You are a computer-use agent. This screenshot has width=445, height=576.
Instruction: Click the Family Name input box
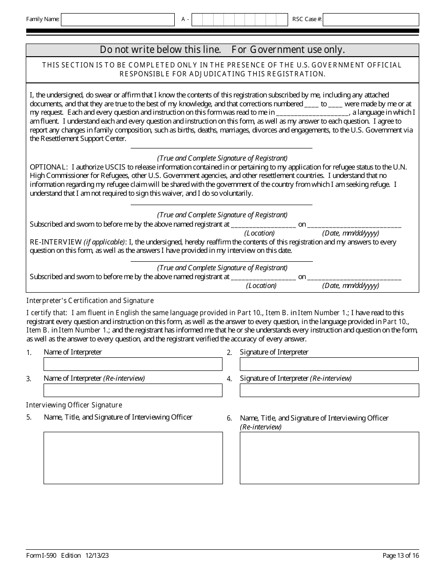pyautogui.click(x=118, y=20)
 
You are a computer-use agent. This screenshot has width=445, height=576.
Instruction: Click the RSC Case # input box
pyautogui.click(x=371, y=20)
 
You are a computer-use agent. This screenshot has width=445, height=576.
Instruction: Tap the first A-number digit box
pyautogui.click(x=197, y=20)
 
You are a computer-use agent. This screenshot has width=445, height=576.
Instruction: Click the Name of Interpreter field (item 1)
pyautogui.click(x=133, y=364)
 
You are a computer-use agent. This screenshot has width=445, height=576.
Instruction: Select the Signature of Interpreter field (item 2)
pyautogui.click(x=329, y=364)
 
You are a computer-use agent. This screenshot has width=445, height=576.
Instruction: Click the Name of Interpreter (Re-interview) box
pyautogui.click(x=133, y=391)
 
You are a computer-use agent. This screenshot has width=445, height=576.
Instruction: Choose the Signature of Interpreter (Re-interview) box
pyautogui.click(x=329, y=391)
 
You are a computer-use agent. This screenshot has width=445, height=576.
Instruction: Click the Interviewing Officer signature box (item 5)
pyautogui.click(x=133, y=458)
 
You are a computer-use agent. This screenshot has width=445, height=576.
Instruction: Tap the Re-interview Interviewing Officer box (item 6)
pyautogui.click(x=329, y=458)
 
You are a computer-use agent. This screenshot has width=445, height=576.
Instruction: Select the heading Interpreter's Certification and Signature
pyautogui.click(x=90, y=301)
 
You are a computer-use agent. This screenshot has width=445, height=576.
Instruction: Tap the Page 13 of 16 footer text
pyautogui.click(x=400, y=556)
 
